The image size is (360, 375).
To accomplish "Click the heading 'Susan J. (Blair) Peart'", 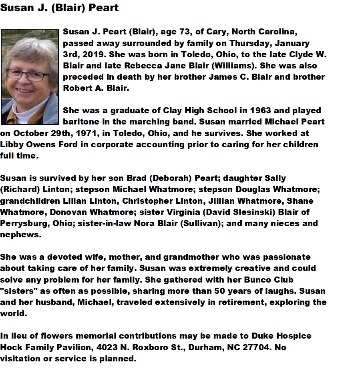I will (x=59, y=8).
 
